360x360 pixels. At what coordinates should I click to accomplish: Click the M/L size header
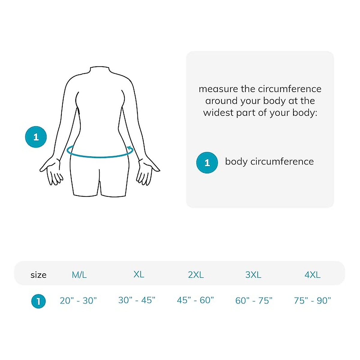coord(79,275)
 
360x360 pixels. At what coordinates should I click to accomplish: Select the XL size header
coord(139,274)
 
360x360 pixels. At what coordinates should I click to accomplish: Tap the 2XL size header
coord(196,275)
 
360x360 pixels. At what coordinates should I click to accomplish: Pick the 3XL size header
coord(253,275)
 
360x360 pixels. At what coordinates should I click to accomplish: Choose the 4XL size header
coord(313,275)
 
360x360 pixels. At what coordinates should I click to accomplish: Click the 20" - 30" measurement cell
coord(78,301)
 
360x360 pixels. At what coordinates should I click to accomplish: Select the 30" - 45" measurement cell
coord(137,300)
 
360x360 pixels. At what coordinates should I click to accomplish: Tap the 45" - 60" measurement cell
coord(195,300)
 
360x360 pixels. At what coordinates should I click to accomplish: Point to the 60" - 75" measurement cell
coord(254,301)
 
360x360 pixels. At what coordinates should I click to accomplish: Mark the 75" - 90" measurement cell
coord(312,301)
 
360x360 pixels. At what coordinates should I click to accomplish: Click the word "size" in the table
coord(38,275)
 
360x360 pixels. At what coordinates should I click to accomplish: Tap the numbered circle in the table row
coord(38,301)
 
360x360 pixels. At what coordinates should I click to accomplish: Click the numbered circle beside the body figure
coord(36,137)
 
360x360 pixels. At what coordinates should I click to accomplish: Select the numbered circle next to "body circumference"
coord(207,163)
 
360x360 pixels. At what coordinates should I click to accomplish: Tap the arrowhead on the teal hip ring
coord(130,147)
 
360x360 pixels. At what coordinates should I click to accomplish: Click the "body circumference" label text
coord(269,162)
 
